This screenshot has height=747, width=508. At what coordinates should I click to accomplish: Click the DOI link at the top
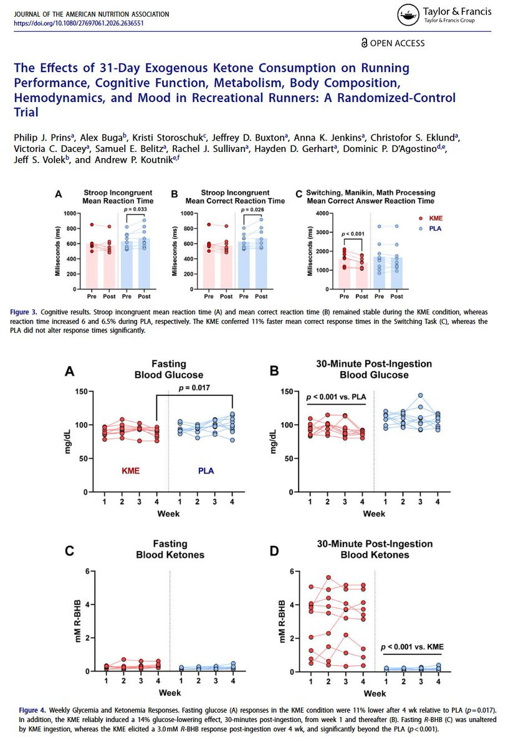pyautogui.click(x=83, y=23)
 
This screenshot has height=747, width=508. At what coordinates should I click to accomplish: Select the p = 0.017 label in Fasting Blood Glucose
pyautogui.click(x=194, y=388)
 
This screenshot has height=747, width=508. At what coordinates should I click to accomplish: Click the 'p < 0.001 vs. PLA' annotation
pyautogui.click(x=335, y=396)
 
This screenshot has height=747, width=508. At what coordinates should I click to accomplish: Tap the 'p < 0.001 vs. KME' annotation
pyautogui.click(x=412, y=647)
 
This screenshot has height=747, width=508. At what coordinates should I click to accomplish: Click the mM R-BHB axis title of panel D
pyautogui.click(x=281, y=621)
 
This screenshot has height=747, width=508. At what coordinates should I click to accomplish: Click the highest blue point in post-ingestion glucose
pyautogui.click(x=420, y=395)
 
